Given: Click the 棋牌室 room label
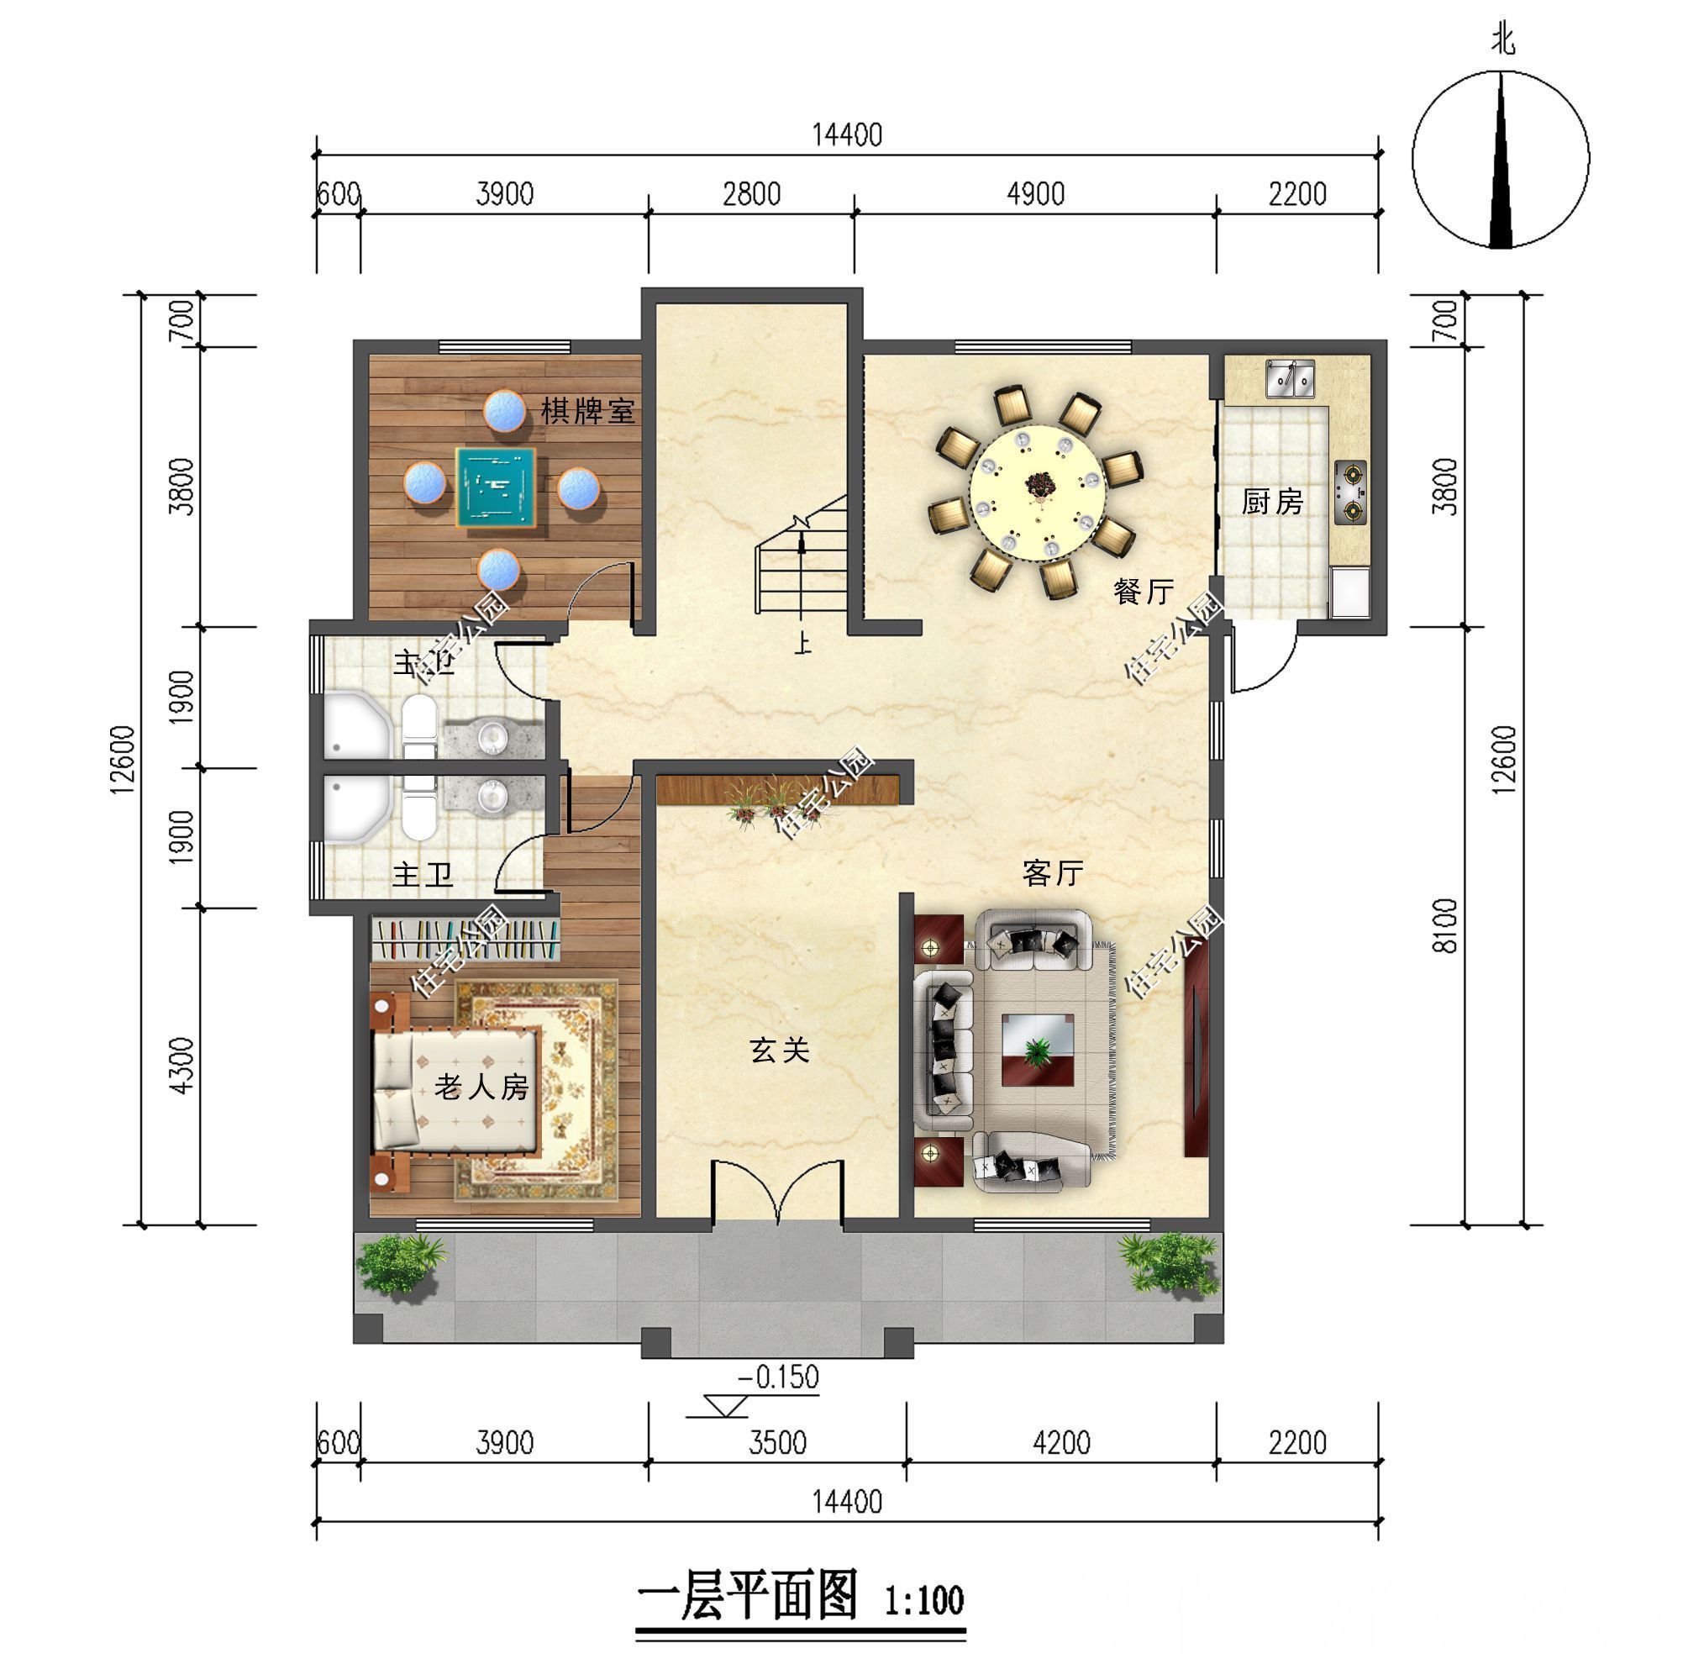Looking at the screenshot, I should [586, 410].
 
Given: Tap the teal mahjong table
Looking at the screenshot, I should [496, 487].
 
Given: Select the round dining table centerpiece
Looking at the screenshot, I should [1038, 484].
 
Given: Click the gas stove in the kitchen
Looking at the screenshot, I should [1350, 492].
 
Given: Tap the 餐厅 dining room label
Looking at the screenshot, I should [1143, 592].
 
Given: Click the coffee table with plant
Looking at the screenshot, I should [1037, 1050].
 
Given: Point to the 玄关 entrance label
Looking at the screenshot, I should [779, 1050].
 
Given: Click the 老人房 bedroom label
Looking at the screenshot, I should [481, 1087].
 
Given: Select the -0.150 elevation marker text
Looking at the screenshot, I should [778, 1377].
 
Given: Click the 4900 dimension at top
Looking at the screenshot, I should [1035, 193].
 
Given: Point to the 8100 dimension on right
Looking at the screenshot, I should [1444, 926].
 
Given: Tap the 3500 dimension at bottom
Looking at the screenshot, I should [777, 1443].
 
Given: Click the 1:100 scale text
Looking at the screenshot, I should [923, 1601].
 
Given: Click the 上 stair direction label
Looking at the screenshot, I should [802, 644].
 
